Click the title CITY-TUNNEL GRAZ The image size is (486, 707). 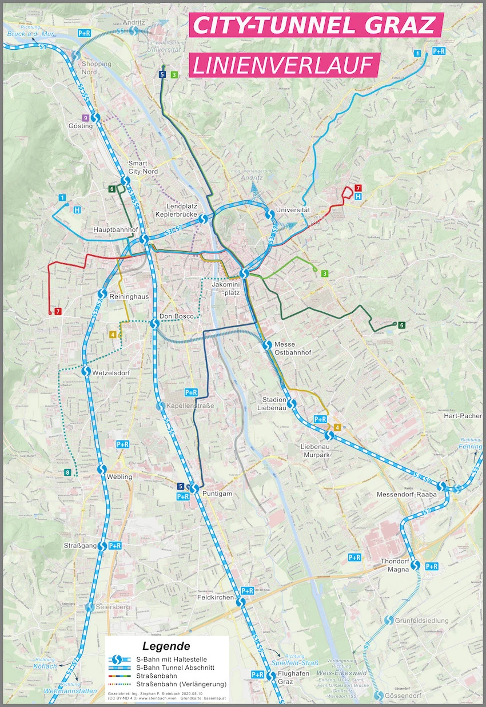click(x=316, y=26)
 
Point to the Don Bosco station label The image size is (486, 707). click(x=174, y=316)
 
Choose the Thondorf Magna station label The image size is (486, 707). click(x=395, y=565)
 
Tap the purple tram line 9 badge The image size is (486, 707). click(x=85, y=118)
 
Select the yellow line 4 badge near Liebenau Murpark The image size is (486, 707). click(x=337, y=427)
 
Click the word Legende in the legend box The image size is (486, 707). click(x=166, y=647)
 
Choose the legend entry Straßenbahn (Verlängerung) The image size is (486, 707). click(x=182, y=684)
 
